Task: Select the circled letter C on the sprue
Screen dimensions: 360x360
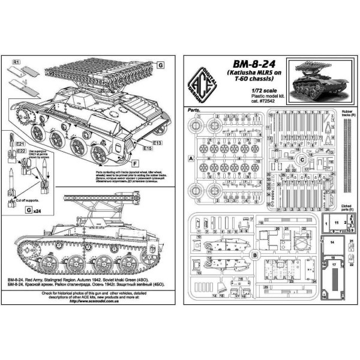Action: pyautogui.click(x=302, y=160)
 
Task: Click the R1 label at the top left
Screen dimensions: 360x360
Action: pyautogui.click(x=17, y=62)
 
